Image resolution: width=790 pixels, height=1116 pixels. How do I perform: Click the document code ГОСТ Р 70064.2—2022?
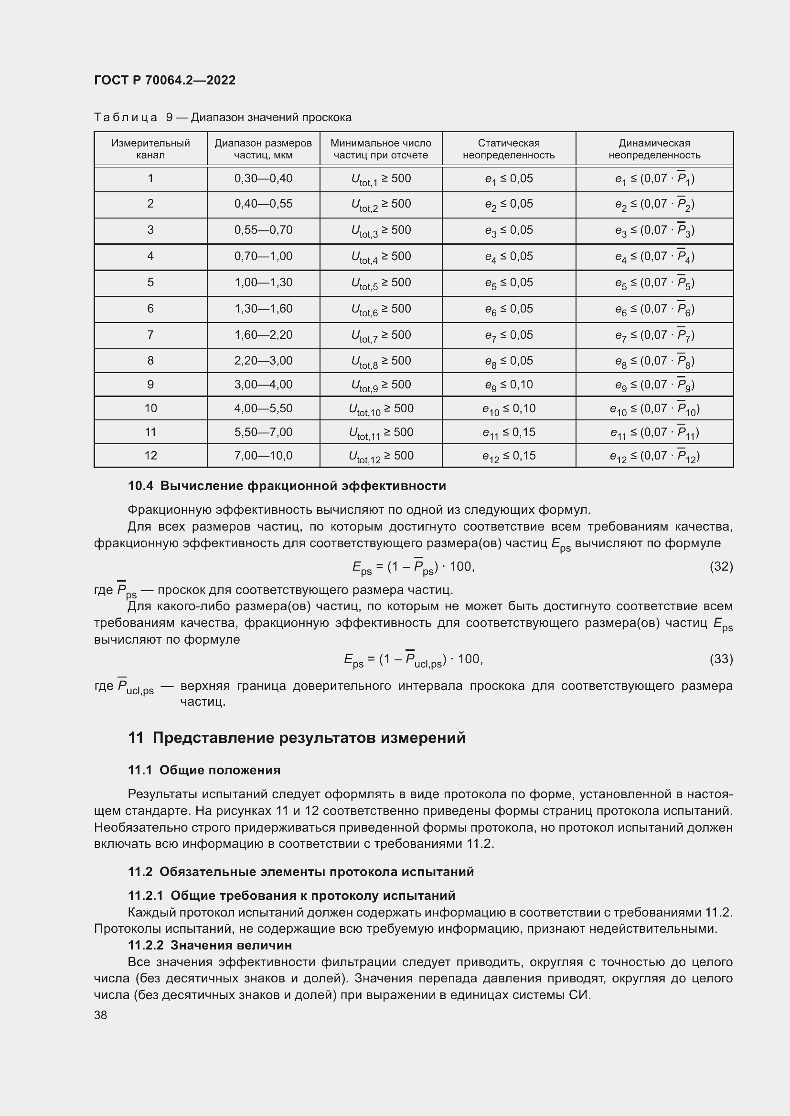[164, 80]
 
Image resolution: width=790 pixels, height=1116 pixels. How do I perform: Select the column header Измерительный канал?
[150, 149]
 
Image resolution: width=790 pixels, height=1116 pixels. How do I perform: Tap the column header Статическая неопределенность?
[508, 149]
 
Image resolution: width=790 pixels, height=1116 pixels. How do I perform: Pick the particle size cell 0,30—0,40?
[263, 178]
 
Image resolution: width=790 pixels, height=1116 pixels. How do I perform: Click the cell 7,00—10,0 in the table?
[263, 456]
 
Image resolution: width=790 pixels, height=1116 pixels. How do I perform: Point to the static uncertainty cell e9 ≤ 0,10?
[508, 385]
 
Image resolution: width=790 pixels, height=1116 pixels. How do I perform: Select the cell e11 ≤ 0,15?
[508, 432]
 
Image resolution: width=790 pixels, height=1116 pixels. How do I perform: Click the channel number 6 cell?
[150, 309]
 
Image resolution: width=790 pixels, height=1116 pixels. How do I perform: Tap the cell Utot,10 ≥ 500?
[381, 408]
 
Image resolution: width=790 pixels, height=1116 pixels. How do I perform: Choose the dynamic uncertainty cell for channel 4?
[654, 256]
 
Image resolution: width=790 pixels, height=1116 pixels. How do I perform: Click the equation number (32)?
[721, 566]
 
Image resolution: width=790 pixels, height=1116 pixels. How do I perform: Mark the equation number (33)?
[721, 658]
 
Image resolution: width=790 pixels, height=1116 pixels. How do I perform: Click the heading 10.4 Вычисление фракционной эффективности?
[287, 486]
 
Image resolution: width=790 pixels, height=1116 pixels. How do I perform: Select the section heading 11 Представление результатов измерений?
[297, 737]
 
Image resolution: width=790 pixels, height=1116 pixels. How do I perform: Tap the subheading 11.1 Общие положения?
[204, 770]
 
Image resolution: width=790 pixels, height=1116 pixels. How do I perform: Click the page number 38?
[101, 1015]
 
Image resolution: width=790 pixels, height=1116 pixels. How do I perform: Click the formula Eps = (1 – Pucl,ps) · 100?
[413, 659]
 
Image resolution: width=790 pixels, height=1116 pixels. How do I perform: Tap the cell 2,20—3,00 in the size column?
[263, 361]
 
